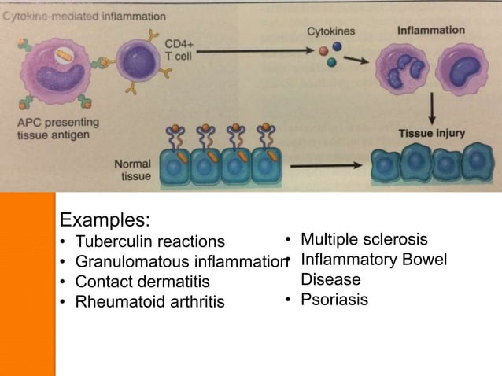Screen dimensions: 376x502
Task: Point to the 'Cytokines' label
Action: pos(330,31)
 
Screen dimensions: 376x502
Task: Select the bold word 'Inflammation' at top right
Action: pos(430,30)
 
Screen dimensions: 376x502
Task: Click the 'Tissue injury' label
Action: pos(431,133)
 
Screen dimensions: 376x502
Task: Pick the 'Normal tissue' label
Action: pos(132,170)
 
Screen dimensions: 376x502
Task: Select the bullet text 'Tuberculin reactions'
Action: pos(149,241)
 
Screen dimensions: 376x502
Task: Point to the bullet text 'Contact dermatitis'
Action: pos(142,282)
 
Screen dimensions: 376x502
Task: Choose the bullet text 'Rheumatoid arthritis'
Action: pos(149,302)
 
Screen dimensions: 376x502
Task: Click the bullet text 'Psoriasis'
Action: pos(334,300)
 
